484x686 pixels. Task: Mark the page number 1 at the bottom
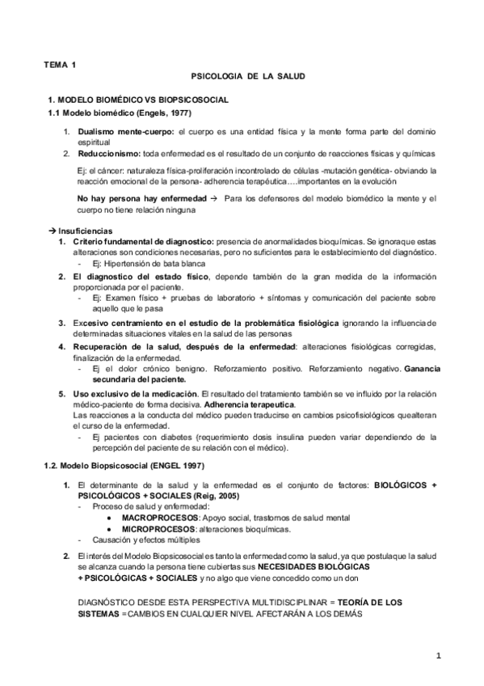tap(437, 657)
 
